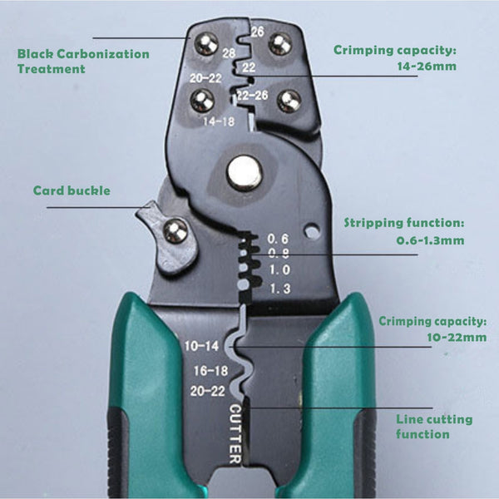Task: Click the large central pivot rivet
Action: [245, 172]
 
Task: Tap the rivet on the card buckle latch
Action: [175, 231]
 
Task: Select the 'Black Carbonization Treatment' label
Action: [83, 62]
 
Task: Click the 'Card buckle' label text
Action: [72, 190]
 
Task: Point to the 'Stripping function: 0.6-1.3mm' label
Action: [404, 232]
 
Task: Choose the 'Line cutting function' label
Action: [434, 427]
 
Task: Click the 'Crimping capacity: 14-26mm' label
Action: [395, 58]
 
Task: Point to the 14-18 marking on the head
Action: [218, 121]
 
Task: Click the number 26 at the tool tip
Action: [258, 33]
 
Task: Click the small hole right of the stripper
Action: [314, 231]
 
